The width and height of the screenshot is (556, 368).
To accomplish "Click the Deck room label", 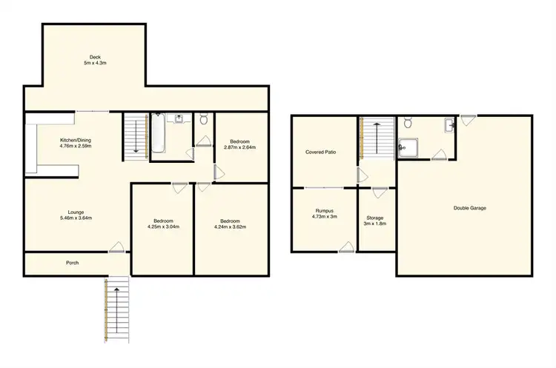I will point(95,60).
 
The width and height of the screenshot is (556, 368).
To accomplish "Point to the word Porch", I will point(73,263).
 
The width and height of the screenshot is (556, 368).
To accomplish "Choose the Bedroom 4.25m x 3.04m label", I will point(163,224).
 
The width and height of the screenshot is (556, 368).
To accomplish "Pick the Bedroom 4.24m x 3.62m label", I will point(230,224).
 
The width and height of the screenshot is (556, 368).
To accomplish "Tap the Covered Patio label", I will point(320,152).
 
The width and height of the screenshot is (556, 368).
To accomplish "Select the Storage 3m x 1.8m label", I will point(376,220).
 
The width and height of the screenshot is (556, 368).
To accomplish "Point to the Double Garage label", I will point(469,208).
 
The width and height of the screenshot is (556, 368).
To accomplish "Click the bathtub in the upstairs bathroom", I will point(159,136).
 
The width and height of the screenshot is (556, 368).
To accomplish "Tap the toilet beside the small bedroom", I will point(204,119).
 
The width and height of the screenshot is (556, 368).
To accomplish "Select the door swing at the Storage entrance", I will point(379,193).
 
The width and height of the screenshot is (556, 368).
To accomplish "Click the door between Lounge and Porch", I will point(116,249).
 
